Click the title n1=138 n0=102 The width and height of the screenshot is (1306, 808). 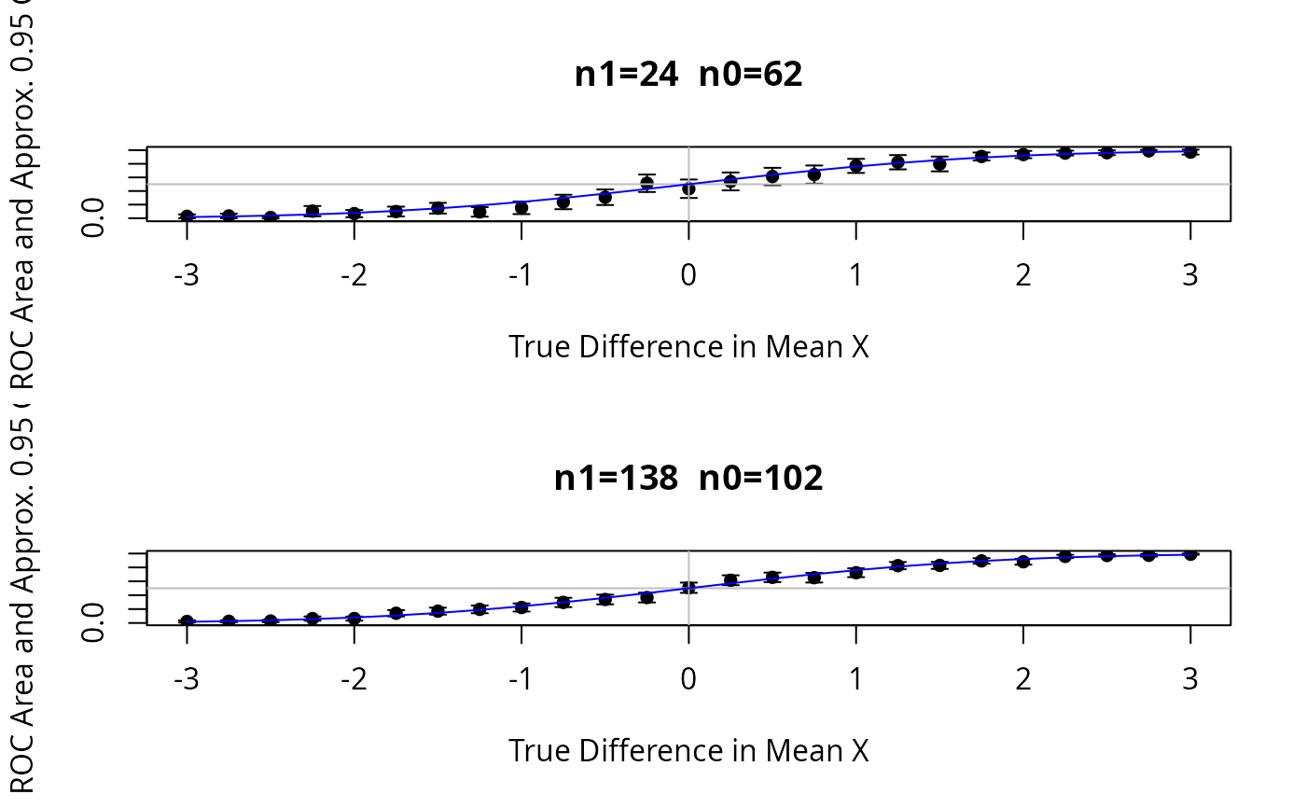coord(688,479)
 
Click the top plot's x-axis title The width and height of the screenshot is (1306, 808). coord(688,347)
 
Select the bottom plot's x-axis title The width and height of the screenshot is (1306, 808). coord(688,751)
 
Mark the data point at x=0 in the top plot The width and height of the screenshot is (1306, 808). coord(688,188)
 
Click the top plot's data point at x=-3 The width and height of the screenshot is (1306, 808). coord(187,216)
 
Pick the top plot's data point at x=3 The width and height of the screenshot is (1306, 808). coord(1190,151)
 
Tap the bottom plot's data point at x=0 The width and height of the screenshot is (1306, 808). coord(688,587)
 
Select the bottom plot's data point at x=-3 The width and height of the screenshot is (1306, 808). coord(187,621)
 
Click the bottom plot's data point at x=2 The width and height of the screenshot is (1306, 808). coord(1023,561)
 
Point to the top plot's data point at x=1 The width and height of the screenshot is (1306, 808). coord(855,166)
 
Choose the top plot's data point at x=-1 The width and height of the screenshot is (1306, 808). coord(521,207)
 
